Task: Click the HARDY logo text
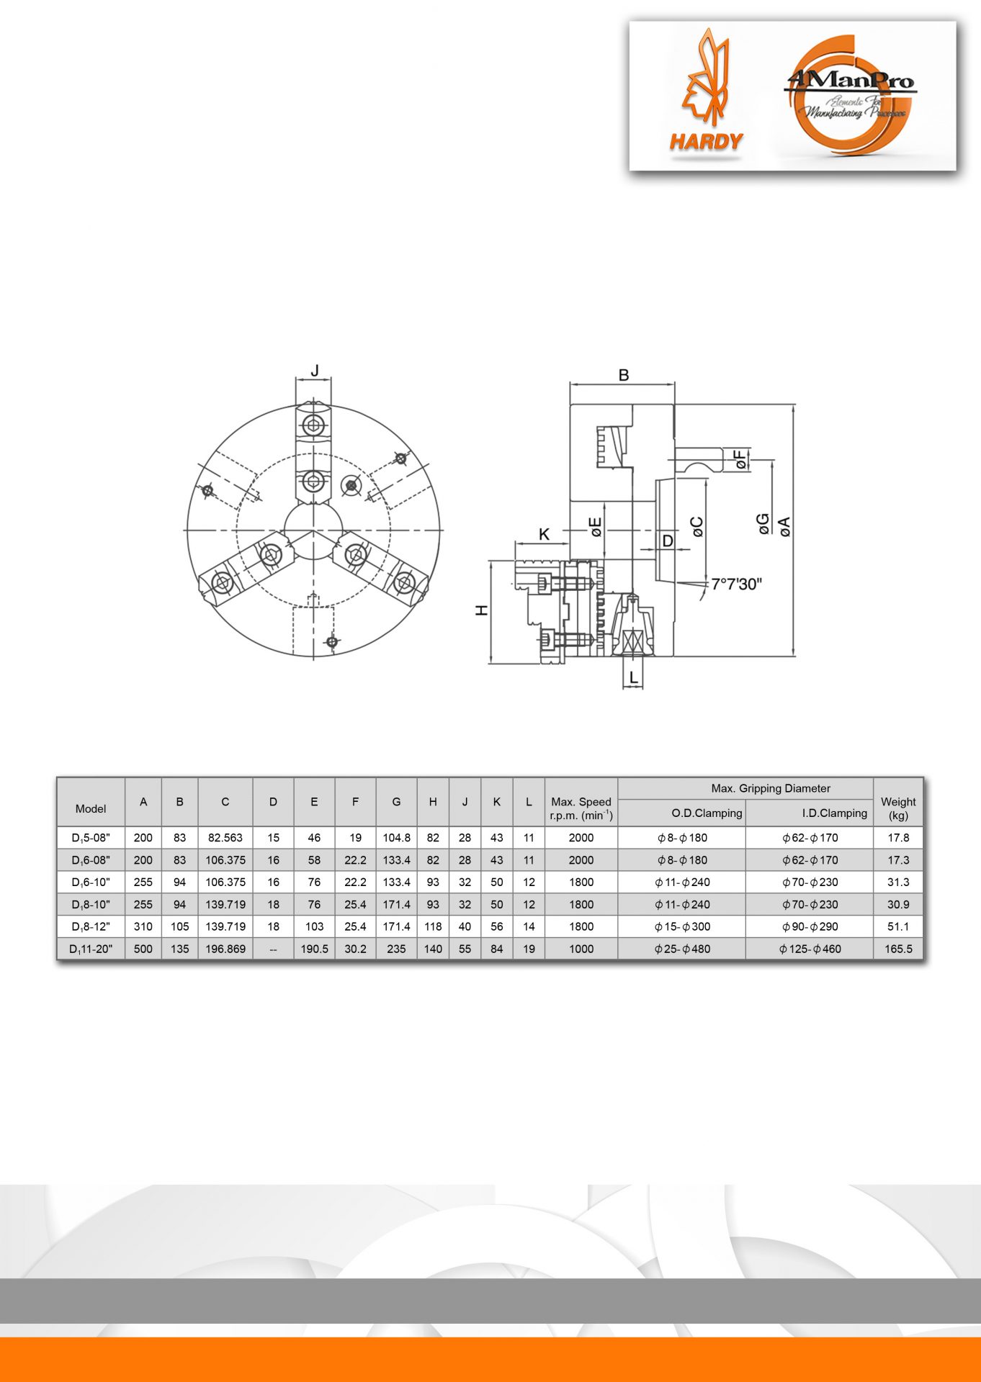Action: tap(706, 142)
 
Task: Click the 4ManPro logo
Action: tap(850, 95)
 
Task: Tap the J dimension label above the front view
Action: tap(315, 371)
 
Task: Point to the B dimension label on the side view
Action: tap(624, 375)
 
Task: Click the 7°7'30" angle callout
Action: tap(736, 584)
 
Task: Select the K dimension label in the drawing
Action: tap(545, 534)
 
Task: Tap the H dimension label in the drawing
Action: tap(482, 610)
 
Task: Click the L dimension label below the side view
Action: tap(633, 677)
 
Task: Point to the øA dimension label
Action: tap(785, 526)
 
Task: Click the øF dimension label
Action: tap(740, 460)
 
